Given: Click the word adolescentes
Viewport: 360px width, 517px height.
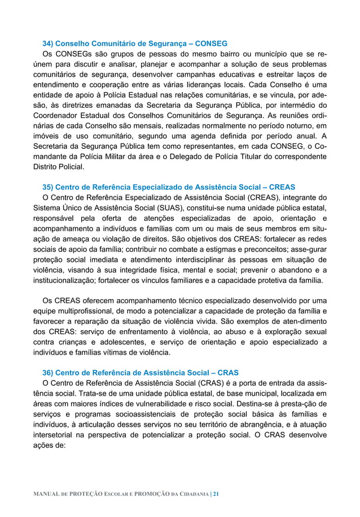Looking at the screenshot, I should pyautogui.click(x=120, y=343).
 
